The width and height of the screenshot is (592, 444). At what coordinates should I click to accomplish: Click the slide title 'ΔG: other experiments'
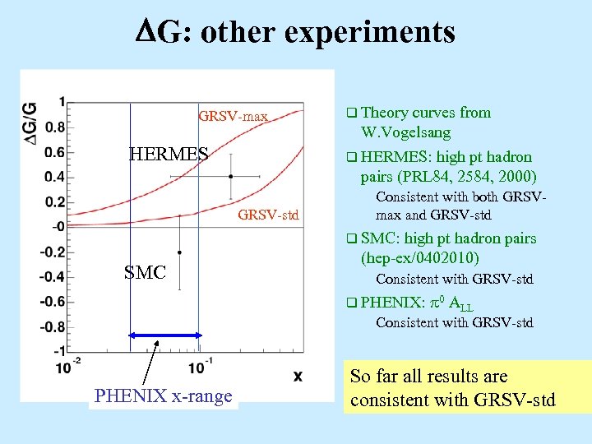click(x=295, y=32)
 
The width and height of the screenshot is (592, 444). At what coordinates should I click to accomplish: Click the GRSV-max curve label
click(x=234, y=117)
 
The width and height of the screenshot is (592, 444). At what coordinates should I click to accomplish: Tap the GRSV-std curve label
click(x=268, y=216)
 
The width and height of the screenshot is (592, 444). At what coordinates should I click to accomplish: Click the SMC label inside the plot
click(x=146, y=272)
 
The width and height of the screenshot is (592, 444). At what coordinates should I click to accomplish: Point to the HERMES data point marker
click(x=231, y=176)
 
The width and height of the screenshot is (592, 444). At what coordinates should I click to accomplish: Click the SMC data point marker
click(x=180, y=252)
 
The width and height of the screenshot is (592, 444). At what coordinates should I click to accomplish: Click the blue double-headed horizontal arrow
click(x=164, y=335)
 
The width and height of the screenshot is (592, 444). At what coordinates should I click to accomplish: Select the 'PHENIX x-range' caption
click(x=164, y=396)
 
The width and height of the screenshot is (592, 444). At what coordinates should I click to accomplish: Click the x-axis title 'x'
click(x=298, y=376)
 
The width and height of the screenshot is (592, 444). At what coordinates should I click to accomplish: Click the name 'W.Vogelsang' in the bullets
click(x=405, y=132)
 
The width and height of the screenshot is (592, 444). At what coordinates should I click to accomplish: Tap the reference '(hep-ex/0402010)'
click(x=419, y=258)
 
